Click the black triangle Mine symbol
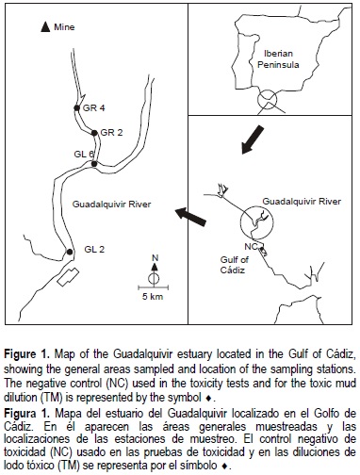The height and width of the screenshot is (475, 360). (x=45, y=27)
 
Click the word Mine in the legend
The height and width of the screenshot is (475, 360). (x=64, y=27)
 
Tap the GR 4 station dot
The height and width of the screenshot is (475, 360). (x=76, y=107)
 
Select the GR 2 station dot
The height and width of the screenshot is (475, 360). (x=94, y=133)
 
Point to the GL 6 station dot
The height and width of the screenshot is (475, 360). (x=94, y=164)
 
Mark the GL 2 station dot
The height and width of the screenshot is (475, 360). (x=70, y=252)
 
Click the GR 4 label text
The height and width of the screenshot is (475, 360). (x=94, y=108)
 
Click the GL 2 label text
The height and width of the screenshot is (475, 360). (x=94, y=250)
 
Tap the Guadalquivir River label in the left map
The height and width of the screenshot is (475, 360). (x=111, y=205)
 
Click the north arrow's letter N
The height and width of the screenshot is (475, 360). (x=155, y=258)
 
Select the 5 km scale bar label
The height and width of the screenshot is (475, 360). (x=153, y=296)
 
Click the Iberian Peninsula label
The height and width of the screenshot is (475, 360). (x=278, y=59)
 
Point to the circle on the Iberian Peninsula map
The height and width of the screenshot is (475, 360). (x=268, y=90)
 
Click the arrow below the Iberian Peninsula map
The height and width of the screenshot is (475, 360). (x=253, y=139)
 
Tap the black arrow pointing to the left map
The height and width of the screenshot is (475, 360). (x=190, y=217)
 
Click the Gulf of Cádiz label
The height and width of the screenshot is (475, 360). (x=234, y=265)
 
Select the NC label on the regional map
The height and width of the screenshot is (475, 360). (x=251, y=247)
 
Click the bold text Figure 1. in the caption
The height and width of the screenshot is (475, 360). (x=27, y=354)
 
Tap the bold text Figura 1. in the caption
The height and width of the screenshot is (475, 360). (x=27, y=413)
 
